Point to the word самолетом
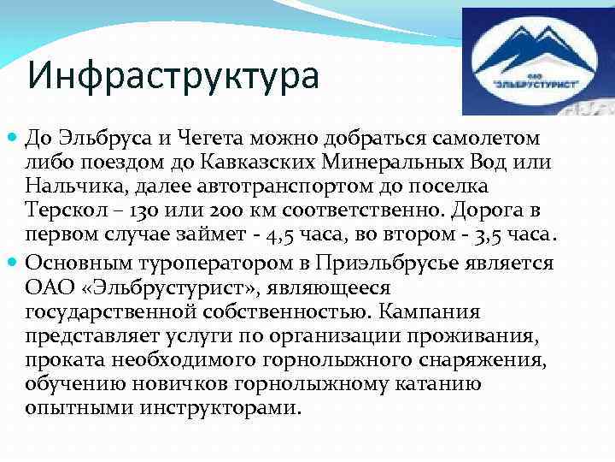[477, 139]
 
